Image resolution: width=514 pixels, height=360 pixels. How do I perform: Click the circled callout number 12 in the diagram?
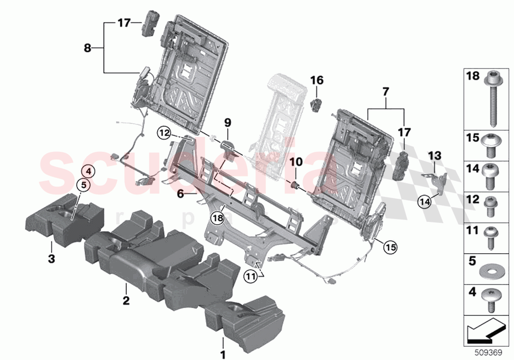coord(164,132)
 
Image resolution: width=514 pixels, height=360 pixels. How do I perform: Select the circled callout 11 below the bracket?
coord(250,278)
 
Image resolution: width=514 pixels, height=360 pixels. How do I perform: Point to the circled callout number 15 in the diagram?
coord(389,247)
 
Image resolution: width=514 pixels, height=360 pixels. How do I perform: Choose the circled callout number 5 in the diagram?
coord(84,185)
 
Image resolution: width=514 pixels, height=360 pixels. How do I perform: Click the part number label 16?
coord(317,80)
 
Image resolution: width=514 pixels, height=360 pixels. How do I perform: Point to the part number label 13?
coord(434,156)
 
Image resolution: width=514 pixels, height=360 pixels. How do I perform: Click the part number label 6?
coord(180,194)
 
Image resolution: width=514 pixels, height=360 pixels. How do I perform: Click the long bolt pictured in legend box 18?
coord(491,98)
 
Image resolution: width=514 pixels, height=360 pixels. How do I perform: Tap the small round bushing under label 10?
coord(295,185)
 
